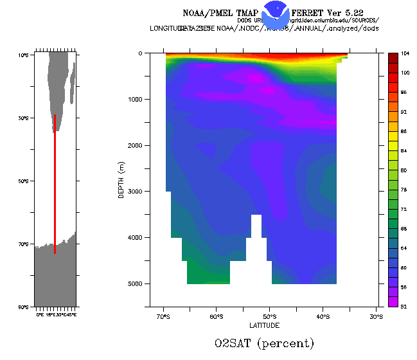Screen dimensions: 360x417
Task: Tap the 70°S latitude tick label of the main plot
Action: [x=163, y=317]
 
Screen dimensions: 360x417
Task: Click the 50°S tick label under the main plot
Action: [x=270, y=317]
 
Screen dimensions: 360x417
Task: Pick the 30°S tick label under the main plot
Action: [x=377, y=317]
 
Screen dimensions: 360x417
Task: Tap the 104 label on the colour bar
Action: [x=406, y=54]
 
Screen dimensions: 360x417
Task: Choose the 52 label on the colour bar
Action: [x=406, y=307]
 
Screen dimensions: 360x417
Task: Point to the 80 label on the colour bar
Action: [x=406, y=170]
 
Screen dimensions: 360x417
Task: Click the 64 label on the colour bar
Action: [x=406, y=248]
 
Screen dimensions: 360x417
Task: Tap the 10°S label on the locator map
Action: [x=23, y=55]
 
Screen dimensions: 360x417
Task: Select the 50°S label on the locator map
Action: [x=23, y=181]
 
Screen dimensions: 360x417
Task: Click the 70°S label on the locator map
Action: [x=23, y=244]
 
